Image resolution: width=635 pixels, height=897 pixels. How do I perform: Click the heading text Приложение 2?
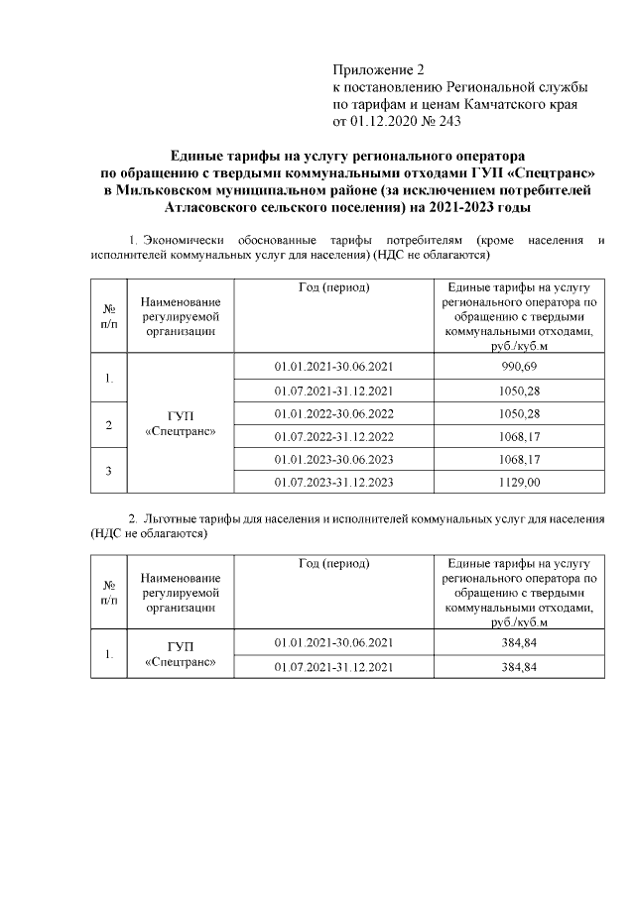(x=378, y=70)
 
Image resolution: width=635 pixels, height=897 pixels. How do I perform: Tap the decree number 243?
(x=444, y=121)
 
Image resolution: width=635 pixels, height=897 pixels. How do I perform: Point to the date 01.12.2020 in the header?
(x=384, y=121)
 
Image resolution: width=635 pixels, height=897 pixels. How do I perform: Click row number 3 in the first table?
(x=108, y=471)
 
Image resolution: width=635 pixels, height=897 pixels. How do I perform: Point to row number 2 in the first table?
(x=108, y=424)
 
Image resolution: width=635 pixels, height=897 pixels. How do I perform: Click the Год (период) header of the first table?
(x=333, y=287)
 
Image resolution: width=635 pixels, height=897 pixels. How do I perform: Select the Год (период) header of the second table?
(x=333, y=564)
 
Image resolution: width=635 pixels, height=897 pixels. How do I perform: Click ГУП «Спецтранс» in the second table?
(x=181, y=655)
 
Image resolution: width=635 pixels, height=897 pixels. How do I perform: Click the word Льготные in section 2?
(x=172, y=518)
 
